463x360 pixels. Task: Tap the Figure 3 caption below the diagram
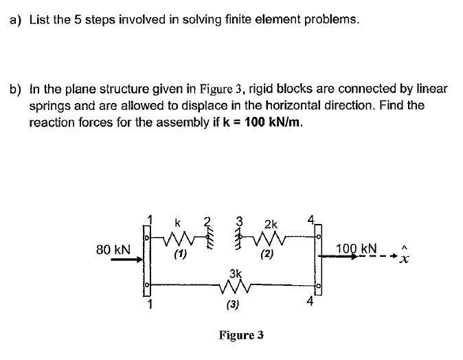240,335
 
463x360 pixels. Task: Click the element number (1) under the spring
180,256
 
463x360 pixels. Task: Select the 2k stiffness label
271,224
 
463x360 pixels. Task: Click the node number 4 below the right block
310,302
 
